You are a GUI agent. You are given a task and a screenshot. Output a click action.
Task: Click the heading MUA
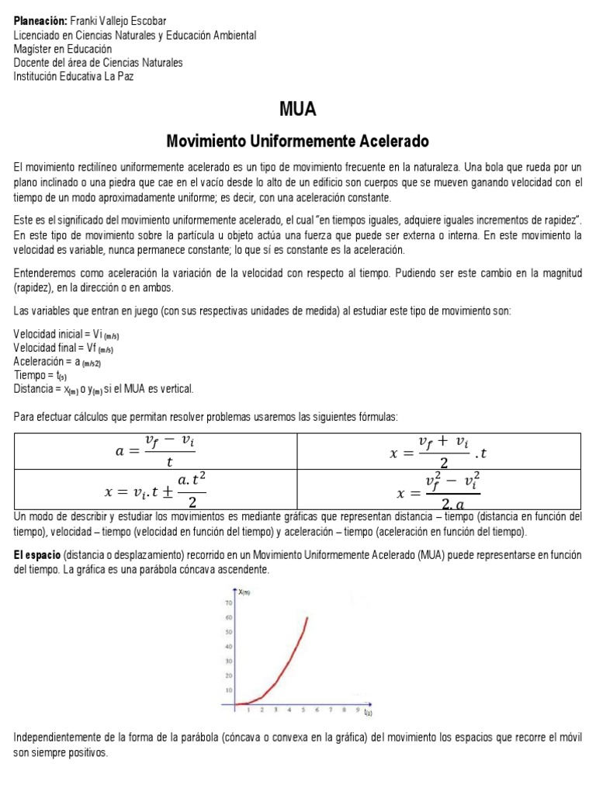point(298,109)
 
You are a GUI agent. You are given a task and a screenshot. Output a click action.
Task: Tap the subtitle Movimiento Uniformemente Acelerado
point(298,142)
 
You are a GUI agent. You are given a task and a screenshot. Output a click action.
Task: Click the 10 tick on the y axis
point(229,689)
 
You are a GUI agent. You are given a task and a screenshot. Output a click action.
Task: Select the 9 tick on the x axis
point(358,710)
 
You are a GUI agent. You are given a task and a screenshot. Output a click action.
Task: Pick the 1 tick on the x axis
point(248,710)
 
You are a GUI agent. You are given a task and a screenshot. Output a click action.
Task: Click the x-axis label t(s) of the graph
point(369,711)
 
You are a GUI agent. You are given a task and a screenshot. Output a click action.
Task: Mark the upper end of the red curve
point(307,618)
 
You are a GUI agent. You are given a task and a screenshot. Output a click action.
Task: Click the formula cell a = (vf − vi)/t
point(155,450)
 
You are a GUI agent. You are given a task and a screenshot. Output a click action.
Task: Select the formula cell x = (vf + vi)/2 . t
point(439,450)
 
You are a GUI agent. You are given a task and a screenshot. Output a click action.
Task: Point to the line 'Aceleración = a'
point(57,361)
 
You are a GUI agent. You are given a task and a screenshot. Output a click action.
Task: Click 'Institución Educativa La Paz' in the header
point(78,76)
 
